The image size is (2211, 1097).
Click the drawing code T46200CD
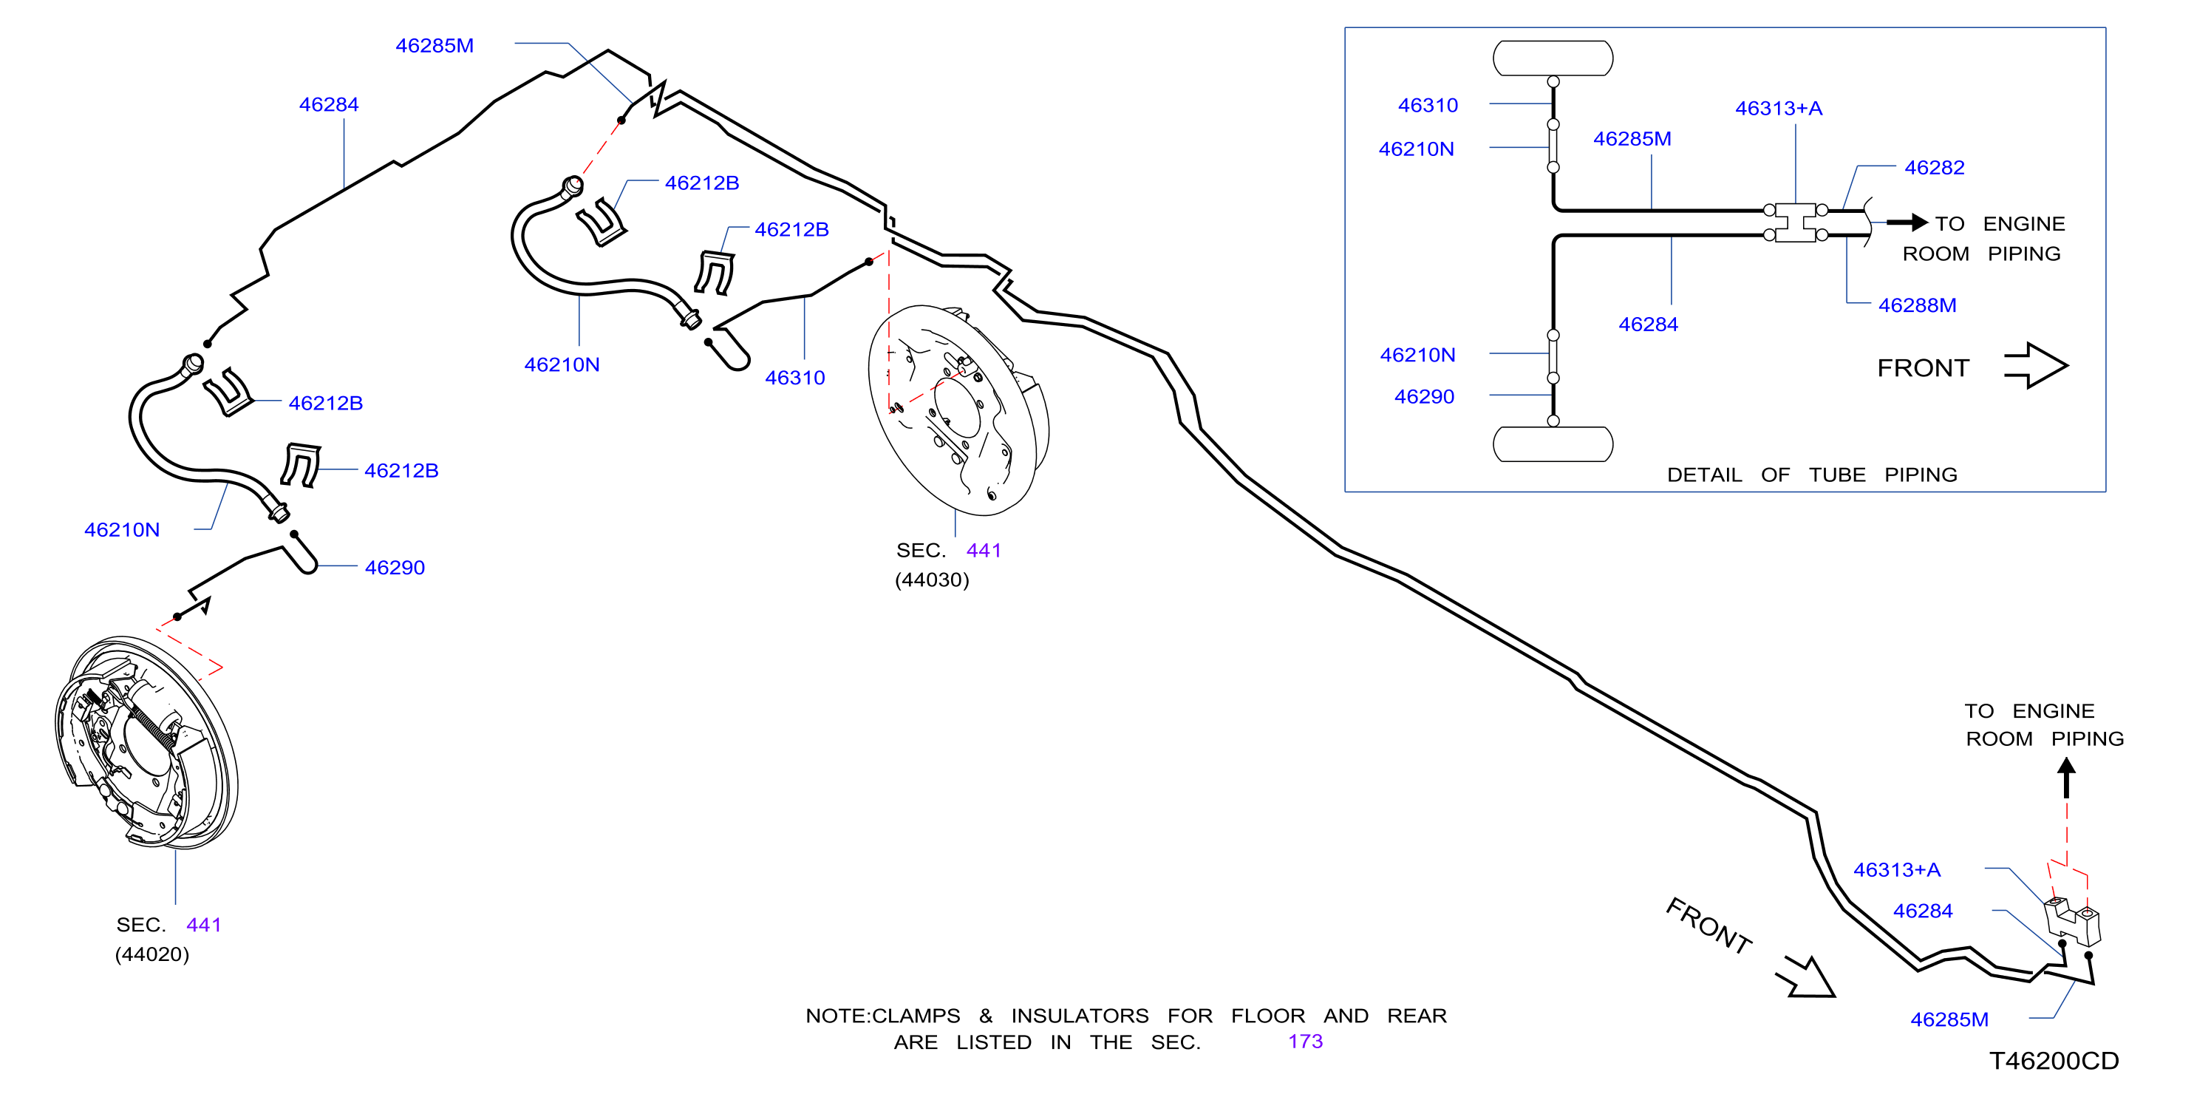click(2054, 1061)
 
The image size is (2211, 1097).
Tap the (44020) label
click(152, 954)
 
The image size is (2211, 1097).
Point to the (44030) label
click(932, 580)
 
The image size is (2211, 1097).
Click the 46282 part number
click(1934, 167)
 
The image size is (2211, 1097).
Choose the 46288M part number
click(1917, 305)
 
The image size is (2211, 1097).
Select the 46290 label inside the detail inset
click(1424, 396)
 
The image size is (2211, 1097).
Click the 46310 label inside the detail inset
click(1428, 106)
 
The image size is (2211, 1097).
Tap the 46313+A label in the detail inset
click(1779, 108)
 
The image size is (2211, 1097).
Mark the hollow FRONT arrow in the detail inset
click(2036, 366)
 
